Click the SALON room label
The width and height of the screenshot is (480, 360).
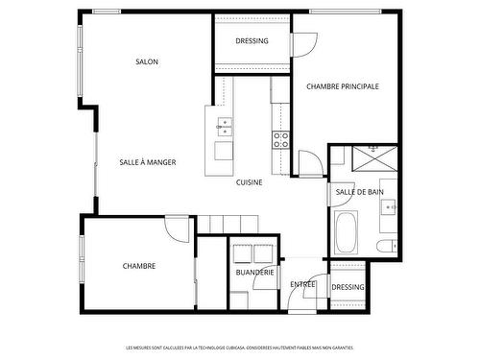coord(147,61)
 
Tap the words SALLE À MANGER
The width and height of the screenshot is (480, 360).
coord(147,162)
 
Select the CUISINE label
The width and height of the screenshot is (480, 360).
coord(251,181)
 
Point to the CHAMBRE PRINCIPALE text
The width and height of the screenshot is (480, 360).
coord(343,86)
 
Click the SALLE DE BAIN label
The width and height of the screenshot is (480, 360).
coord(360,192)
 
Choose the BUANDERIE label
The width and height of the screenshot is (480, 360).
coord(254,272)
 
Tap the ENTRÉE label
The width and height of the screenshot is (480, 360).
coord(303,283)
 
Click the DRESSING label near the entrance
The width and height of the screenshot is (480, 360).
coord(348,287)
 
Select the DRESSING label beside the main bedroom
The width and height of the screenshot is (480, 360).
coord(252,41)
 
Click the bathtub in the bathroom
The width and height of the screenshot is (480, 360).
coord(347,231)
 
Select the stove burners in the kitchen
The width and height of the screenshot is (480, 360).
coord(281,141)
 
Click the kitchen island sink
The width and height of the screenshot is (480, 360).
coord(224,123)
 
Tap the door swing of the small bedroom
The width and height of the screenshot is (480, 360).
coord(178,228)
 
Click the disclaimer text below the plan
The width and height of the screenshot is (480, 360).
coord(240,348)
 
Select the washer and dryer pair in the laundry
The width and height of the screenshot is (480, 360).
coord(252,253)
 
